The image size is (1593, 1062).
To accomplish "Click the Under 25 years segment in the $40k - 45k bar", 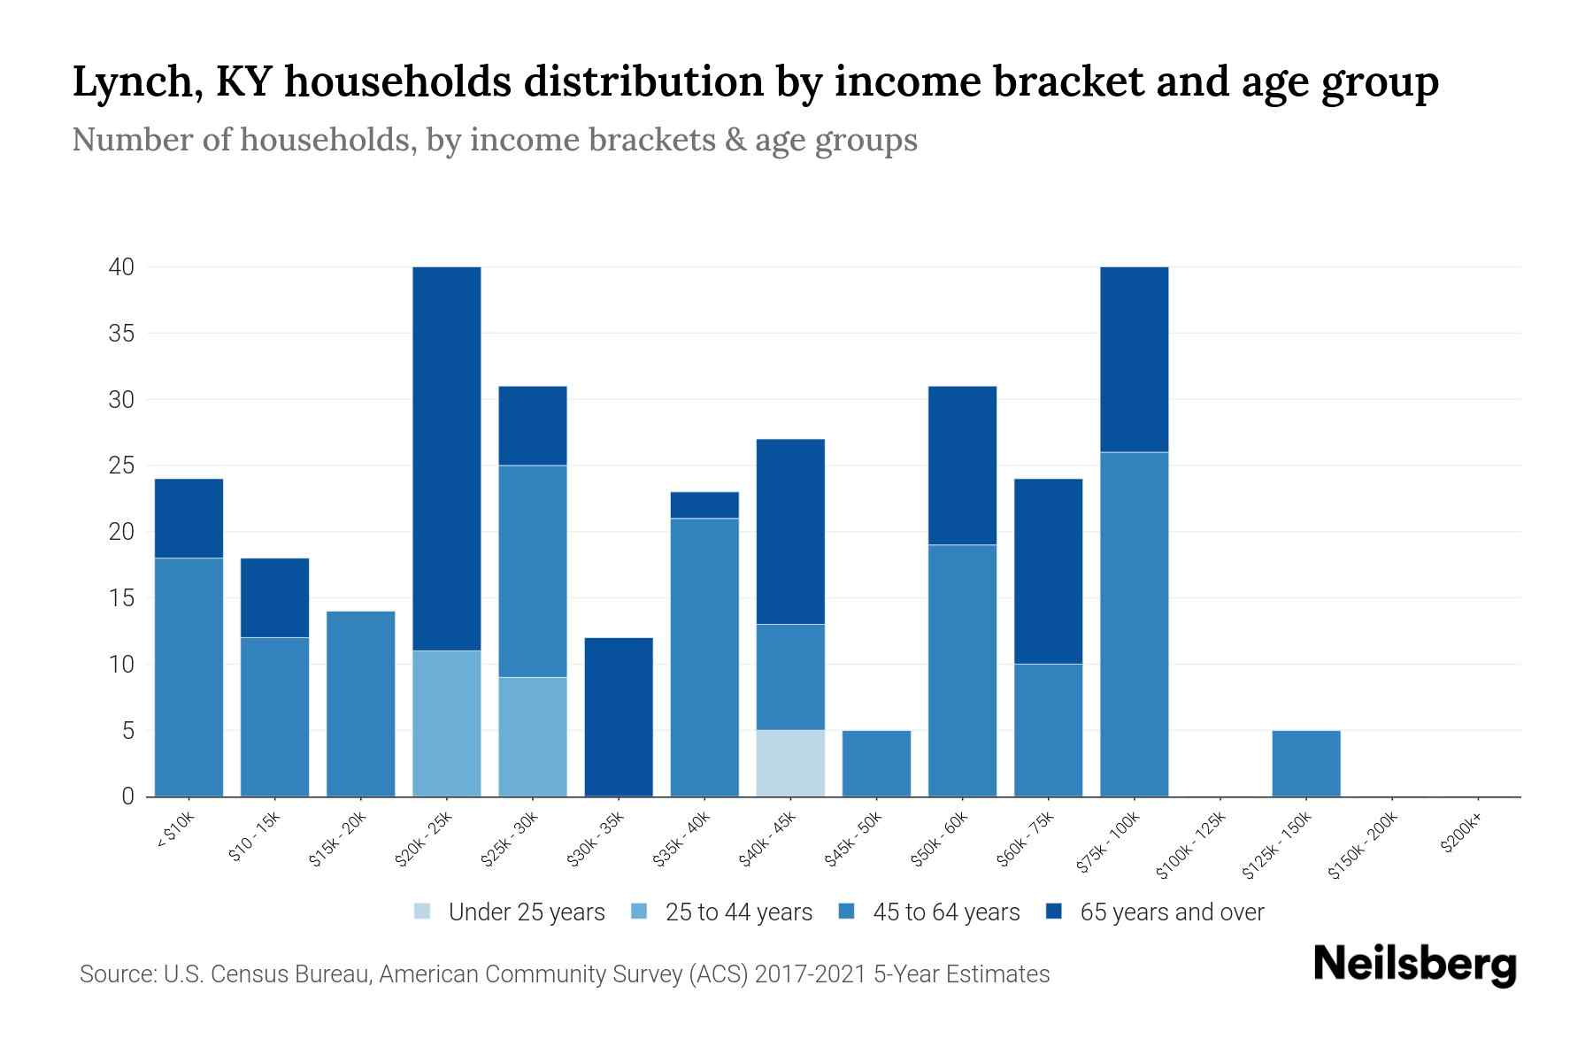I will click(790, 763).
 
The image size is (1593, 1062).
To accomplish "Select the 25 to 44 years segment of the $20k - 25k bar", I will click(447, 723).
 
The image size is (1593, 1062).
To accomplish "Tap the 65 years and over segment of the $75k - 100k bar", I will click(1134, 359).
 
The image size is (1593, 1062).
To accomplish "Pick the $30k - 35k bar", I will click(619, 717).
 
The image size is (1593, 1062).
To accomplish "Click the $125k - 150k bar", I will click(1305, 763).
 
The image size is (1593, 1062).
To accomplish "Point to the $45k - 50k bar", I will click(876, 763).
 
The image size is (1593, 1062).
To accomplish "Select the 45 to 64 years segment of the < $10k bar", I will click(189, 677).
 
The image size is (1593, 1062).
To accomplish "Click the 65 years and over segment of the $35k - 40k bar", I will click(704, 504).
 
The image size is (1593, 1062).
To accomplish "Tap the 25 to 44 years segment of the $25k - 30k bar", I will click(533, 736).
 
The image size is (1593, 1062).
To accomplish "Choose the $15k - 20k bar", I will click(361, 704).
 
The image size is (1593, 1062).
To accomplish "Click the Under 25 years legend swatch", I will click(423, 912).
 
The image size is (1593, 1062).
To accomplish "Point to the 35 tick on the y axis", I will click(121, 334).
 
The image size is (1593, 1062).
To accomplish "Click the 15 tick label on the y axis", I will click(121, 598).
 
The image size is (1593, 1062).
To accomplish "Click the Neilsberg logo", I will click(1414, 966).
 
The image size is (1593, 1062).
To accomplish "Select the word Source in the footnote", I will click(115, 974).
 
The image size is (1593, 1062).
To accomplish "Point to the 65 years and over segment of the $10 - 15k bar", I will click(275, 597).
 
